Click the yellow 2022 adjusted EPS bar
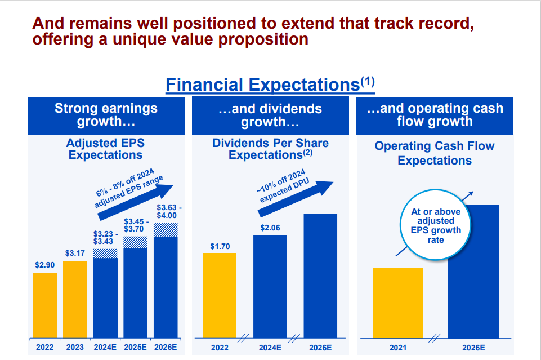point(44,305)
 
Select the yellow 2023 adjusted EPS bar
point(75,299)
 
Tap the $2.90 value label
point(44,265)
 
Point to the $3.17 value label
point(75,253)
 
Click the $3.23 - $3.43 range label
point(105,236)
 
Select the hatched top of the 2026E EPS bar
point(166,229)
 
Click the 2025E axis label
point(136,347)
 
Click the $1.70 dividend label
point(220,246)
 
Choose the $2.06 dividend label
point(270,228)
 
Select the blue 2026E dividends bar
point(320,275)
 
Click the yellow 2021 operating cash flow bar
point(398,303)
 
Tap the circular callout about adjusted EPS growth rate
point(435,226)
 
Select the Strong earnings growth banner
point(106,115)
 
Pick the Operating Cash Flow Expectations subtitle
point(435,153)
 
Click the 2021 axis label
point(398,348)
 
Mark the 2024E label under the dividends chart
point(270,348)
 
